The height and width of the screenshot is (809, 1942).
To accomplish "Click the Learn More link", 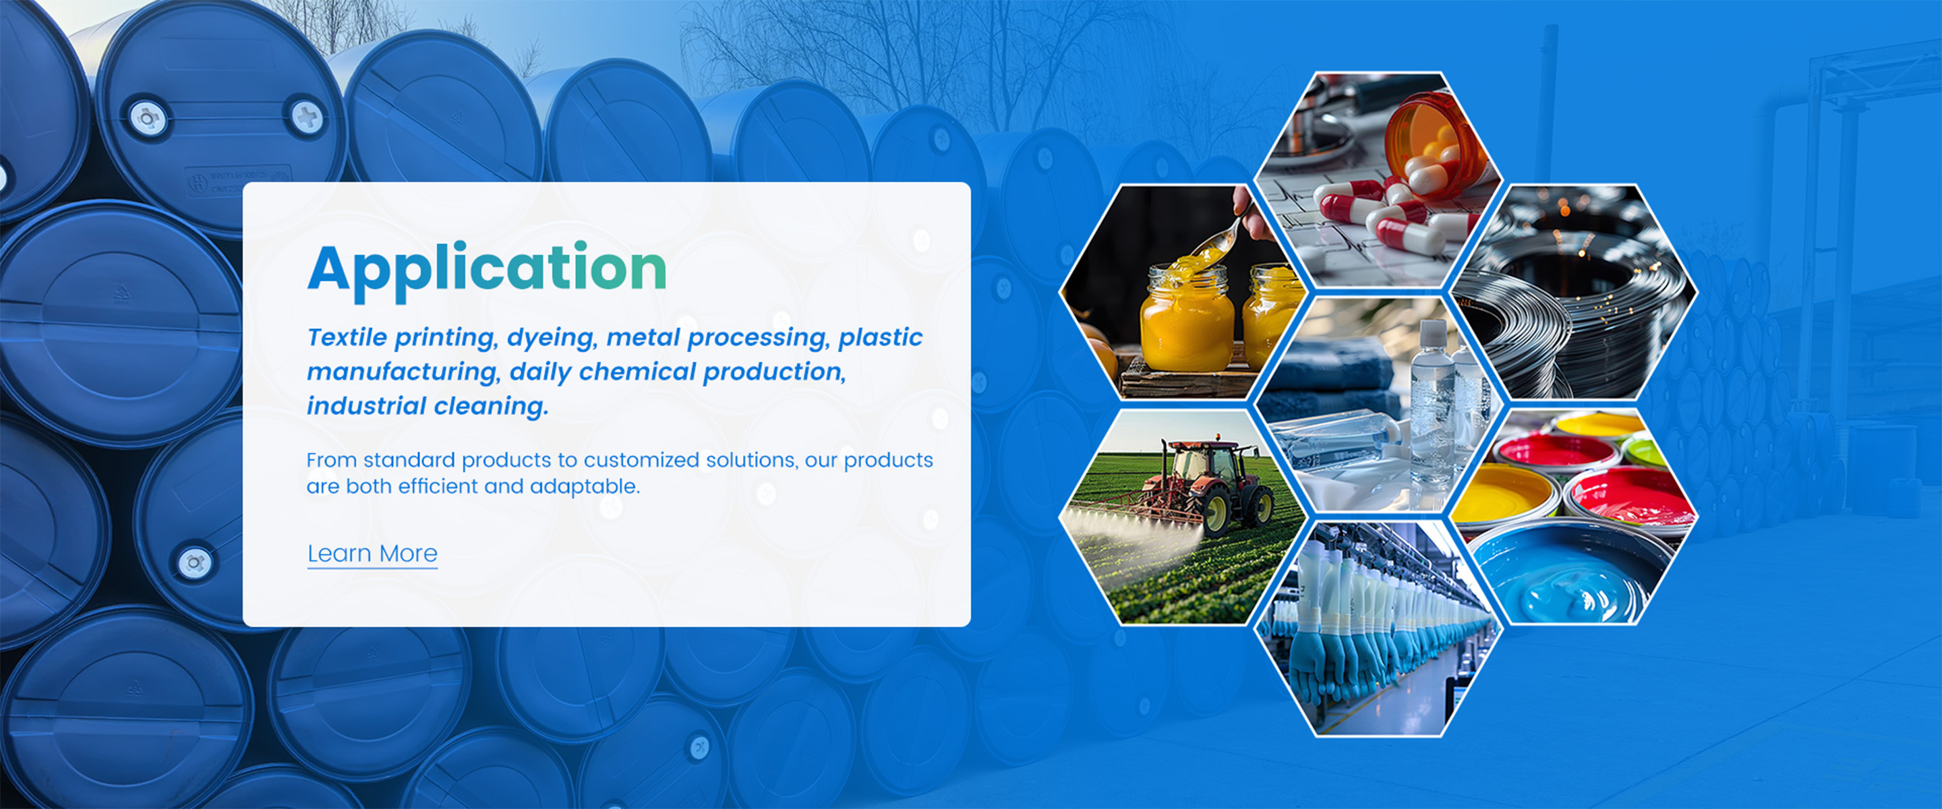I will click(372, 553).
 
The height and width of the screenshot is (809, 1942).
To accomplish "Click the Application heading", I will click(487, 268).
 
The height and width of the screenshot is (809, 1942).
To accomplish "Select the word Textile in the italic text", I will click(347, 337).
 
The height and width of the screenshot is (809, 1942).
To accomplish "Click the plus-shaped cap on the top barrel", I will click(307, 117).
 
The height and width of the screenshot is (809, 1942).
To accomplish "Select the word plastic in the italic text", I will click(880, 337).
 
